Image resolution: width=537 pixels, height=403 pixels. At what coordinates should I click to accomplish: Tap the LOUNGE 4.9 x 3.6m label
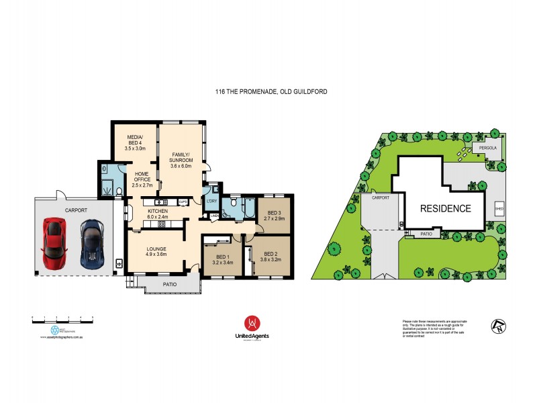(x=161, y=252)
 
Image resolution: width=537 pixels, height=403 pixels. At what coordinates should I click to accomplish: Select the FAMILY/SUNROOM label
(x=182, y=157)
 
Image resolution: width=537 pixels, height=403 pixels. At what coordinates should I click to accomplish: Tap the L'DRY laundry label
(x=211, y=202)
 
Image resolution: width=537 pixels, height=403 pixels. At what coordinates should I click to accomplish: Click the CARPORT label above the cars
(x=76, y=210)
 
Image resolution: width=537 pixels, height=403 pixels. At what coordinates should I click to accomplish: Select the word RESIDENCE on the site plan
(x=445, y=208)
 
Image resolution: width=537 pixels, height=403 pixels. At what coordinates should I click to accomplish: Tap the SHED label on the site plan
(x=499, y=209)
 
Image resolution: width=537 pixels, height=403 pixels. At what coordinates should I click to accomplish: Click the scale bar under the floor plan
(x=62, y=316)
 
